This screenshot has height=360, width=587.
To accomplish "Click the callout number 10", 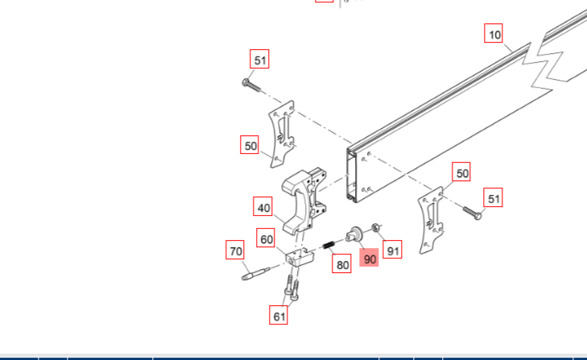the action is click(494, 33).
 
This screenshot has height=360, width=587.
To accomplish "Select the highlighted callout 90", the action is click(369, 258).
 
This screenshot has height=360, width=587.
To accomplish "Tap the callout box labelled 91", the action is click(392, 249).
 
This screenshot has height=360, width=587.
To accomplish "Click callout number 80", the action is click(341, 263).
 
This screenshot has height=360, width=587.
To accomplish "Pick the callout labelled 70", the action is click(235, 250).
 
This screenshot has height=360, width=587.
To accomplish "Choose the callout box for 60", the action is click(266, 238).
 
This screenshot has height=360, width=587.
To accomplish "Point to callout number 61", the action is click(279, 315).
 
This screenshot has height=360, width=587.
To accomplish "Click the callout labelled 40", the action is click(262, 206).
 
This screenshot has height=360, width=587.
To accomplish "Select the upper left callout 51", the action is click(259, 59).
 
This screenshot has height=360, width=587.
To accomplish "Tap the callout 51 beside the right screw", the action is click(494, 197).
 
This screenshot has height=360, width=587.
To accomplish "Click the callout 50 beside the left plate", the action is click(250, 145).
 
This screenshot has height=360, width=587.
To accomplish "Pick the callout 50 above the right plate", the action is click(461, 172).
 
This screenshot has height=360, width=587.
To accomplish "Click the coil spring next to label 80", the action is click(329, 245).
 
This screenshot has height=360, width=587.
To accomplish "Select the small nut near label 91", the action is click(376, 227).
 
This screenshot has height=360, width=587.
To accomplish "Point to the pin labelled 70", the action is click(255, 273).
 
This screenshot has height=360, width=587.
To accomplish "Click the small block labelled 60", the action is click(300, 257).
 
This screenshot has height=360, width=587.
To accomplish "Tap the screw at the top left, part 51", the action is click(251, 85).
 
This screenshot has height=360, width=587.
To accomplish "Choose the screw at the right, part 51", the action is click(473, 213).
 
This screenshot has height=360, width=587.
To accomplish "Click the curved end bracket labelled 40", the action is click(304, 201).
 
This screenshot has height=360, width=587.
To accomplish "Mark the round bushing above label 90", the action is click(354, 234).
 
